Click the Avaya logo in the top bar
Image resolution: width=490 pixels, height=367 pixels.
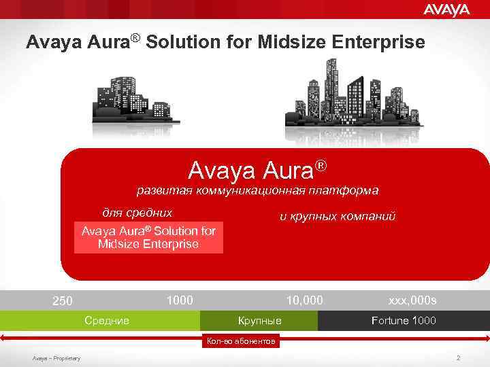point(446,10)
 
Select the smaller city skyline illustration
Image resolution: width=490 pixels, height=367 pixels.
point(136,99)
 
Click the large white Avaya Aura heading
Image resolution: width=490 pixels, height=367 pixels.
point(257,169)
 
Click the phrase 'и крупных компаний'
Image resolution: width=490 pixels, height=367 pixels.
point(338,217)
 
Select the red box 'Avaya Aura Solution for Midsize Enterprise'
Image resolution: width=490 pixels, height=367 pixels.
point(148,237)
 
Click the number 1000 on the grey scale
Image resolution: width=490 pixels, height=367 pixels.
point(180,300)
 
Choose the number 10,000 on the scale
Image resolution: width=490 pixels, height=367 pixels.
point(304,300)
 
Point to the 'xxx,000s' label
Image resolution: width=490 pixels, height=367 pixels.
point(412,300)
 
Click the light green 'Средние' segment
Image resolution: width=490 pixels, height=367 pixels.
point(106,320)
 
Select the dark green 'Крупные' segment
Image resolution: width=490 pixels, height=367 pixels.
point(259,320)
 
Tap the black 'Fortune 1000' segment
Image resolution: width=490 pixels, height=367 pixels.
point(404,320)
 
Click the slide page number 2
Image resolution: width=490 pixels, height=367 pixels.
point(459,357)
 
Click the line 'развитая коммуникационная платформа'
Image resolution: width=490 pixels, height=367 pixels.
point(257,190)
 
